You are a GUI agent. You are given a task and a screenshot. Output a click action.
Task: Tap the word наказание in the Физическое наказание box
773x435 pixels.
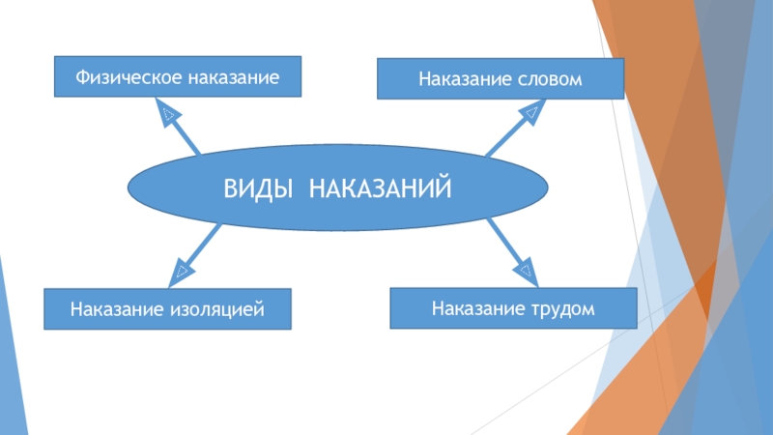pyautogui.click(x=228, y=76)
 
